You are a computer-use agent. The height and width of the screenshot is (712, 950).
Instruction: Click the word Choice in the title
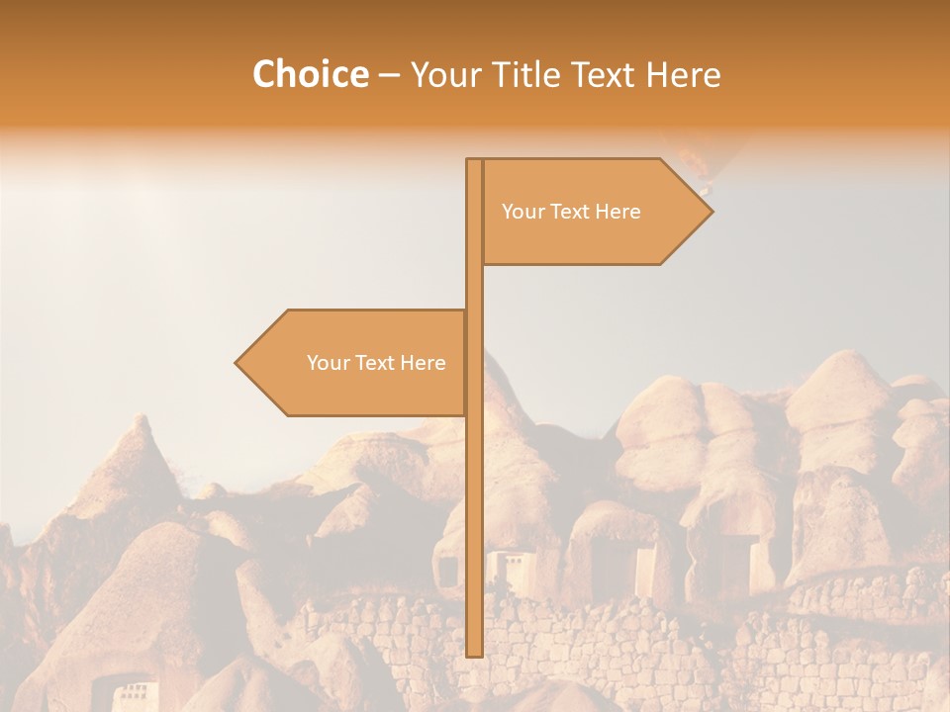(310, 75)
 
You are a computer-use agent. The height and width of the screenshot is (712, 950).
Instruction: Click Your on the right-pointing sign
(523, 212)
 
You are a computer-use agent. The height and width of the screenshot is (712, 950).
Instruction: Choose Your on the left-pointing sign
(329, 363)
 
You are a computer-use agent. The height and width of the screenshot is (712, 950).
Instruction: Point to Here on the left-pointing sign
(424, 363)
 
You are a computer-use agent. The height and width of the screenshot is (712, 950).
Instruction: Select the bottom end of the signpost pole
(474, 652)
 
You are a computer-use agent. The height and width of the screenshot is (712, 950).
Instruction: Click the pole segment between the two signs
(474, 287)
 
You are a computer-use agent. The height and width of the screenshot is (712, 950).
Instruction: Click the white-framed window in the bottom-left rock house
(132, 689)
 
